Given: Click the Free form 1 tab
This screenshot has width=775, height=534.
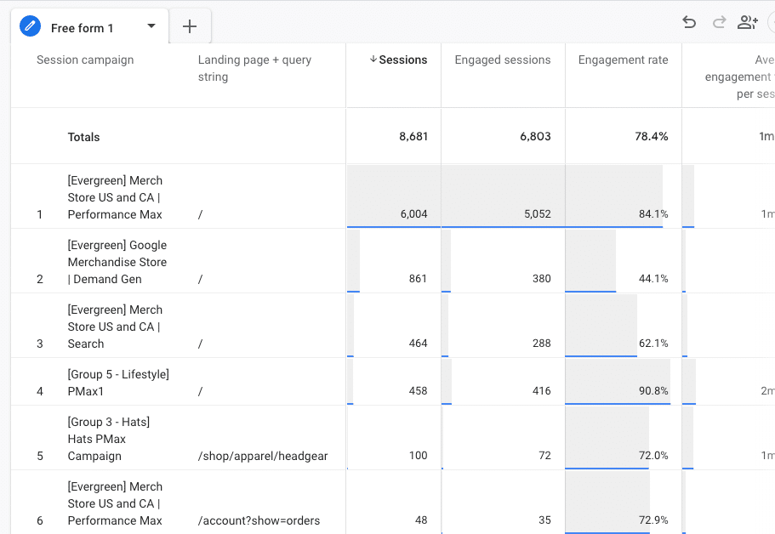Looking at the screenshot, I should (82, 28).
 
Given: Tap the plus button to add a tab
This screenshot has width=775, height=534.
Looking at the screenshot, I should (190, 27).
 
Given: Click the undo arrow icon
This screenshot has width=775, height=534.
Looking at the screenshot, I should (689, 23).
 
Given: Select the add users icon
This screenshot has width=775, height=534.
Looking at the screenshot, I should (748, 23).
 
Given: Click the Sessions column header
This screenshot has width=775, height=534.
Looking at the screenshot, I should (398, 60).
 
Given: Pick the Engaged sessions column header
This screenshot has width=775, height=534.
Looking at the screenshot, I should (502, 60).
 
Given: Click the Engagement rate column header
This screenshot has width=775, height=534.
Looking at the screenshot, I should (623, 60).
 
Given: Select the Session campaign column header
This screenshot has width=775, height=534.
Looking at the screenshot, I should (85, 60).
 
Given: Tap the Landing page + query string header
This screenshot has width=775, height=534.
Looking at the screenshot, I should (254, 68).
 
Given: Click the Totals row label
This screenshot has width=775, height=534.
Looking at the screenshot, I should (83, 137).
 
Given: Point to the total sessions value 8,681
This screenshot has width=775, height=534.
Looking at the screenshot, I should (413, 137).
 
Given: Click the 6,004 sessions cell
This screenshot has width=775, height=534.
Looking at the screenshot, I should (413, 214).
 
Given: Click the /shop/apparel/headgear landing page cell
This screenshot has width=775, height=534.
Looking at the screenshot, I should (262, 456).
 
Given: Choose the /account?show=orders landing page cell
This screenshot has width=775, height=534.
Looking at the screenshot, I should (259, 520).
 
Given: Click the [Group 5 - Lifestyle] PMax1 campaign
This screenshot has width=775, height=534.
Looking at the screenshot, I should (118, 383).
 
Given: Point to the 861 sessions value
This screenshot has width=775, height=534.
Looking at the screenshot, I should (417, 279).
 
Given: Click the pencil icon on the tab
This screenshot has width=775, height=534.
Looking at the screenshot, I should (31, 27).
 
